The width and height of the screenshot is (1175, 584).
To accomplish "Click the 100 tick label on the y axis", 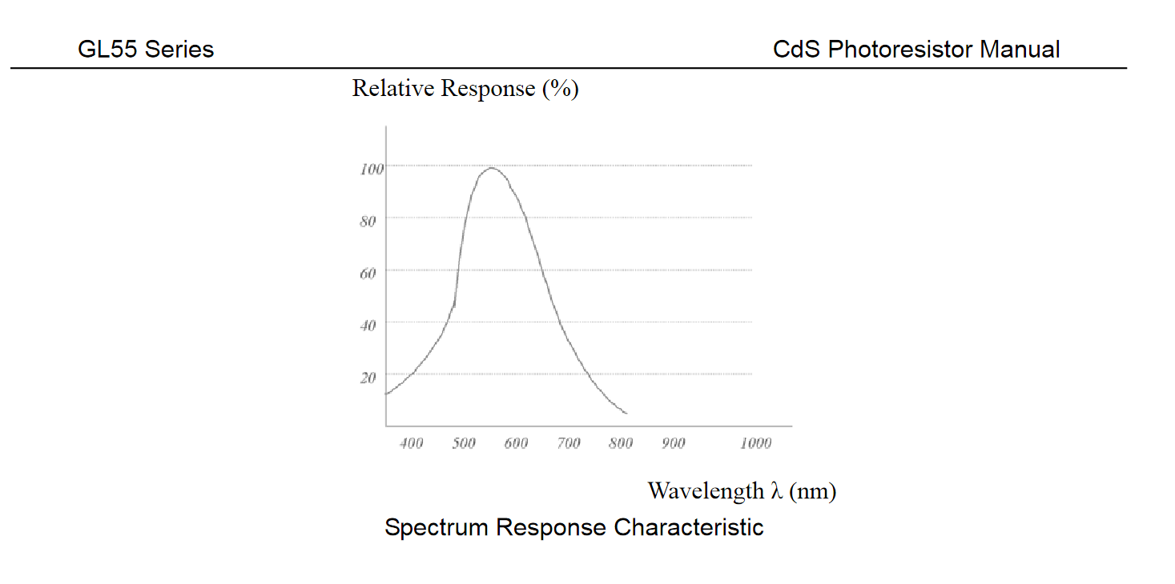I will tap(372, 169).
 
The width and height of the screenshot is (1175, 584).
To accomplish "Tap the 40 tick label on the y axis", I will tap(368, 326).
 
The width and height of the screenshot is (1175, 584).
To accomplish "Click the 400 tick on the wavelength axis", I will tap(412, 443).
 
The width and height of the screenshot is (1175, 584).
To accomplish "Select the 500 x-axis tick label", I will tap(464, 443).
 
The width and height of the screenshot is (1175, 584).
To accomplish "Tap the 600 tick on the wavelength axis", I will tap(516, 443).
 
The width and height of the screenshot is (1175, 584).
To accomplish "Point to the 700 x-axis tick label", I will tap(569, 443).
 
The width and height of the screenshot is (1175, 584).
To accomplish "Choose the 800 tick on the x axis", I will tap(621, 443).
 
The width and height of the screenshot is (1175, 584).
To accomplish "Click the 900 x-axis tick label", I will tap(673, 443).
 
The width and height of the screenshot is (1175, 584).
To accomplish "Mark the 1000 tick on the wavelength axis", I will tap(755, 443).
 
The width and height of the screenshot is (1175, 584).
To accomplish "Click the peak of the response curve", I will tap(490, 167).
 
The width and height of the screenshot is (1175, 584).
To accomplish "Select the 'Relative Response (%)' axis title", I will tap(465, 88).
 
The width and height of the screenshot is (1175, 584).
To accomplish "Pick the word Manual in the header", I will tap(1020, 50).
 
